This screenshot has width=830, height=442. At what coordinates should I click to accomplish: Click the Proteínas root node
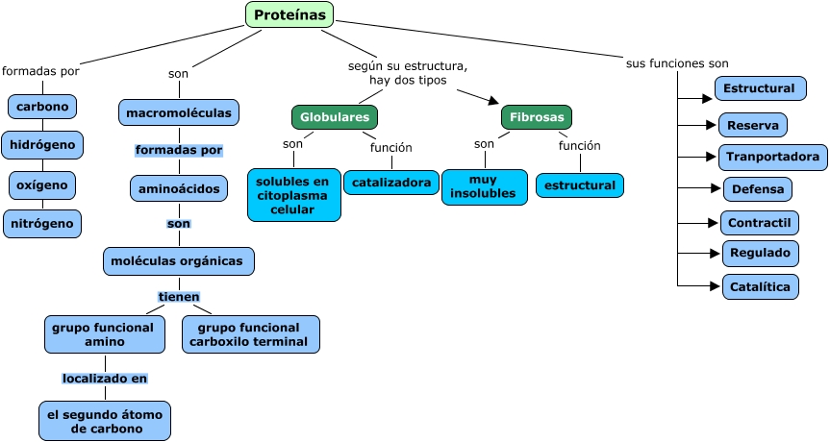pyautogui.click(x=289, y=14)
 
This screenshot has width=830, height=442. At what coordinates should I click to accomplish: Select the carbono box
pyautogui.click(x=42, y=106)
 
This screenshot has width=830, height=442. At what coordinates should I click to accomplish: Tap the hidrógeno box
pyautogui.click(x=42, y=145)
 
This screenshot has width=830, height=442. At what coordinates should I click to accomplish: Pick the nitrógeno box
pyautogui.click(x=42, y=223)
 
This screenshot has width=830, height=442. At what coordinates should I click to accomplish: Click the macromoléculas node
pyautogui.click(x=179, y=112)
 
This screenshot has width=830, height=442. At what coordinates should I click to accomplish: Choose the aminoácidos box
pyautogui.click(x=179, y=188)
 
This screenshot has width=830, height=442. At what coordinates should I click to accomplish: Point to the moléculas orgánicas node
pyautogui.click(x=179, y=260)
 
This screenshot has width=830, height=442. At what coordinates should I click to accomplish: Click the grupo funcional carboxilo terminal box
pyautogui.click(x=250, y=334)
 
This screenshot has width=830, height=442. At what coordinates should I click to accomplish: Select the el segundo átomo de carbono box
pyautogui.click(x=105, y=421)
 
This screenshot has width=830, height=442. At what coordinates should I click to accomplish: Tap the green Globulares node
pyautogui.click(x=335, y=117)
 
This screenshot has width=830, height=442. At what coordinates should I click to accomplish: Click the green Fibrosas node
pyautogui.click(x=537, y=117)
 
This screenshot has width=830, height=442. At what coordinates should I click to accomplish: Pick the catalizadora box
pyautogui.click(x=390, y=182)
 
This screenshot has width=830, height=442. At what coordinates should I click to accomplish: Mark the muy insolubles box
pyautogui.click(x=485, y=187)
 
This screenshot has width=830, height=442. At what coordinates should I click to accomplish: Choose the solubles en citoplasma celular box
pyautogui.click(x=293, y=195)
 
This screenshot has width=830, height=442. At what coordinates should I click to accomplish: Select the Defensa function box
pyautogui.click(x=758, y=189)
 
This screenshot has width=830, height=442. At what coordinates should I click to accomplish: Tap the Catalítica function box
pyautogui.click(x=760, y=286)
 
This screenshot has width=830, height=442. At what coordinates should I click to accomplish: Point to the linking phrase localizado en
pyautogui.click(x=105, y=378)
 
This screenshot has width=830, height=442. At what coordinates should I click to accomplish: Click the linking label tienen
pyautogui.click(x=179, y=297)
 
